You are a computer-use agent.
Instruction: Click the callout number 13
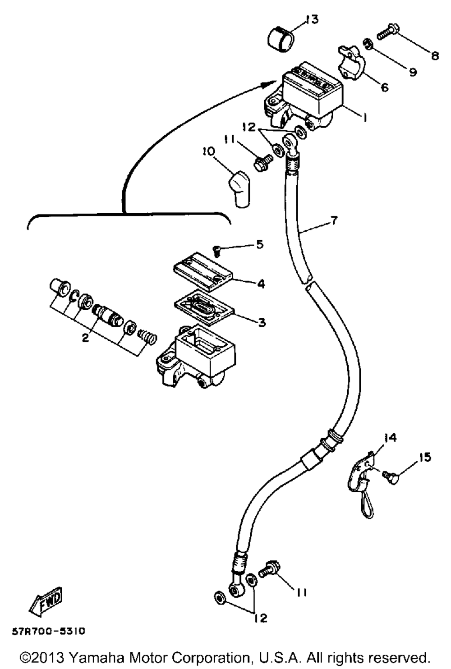pos(311,20)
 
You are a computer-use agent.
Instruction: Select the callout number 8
pos(435,56)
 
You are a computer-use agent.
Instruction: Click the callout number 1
pos(365,117)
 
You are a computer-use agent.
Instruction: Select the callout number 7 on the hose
pos(334,221)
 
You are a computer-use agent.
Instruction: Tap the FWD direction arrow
pos(46,602)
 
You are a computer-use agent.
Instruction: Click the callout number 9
pos(413,72)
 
